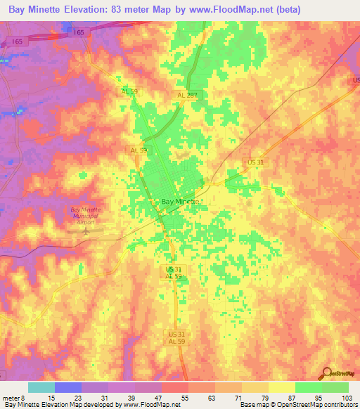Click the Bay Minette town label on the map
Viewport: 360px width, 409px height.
(x=181, y=202)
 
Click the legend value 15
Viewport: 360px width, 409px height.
(x=51, y=398)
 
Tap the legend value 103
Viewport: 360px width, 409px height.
(x=346, y=398)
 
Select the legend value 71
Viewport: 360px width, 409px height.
(x=239, y=398)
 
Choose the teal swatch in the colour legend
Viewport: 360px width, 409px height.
(x=41, y=387)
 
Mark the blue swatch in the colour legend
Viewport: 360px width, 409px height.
(x=68, y=387)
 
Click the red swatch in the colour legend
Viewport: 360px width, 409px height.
(x=175, y=387)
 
